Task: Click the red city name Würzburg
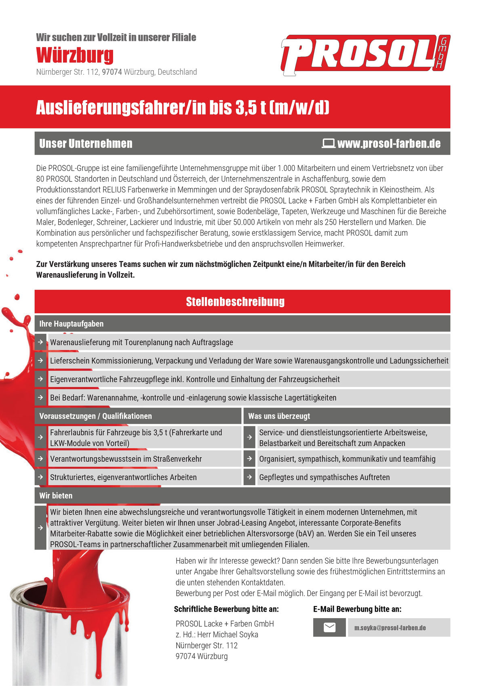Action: [x=75, y=55]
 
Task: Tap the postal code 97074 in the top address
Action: [x=112, y=72]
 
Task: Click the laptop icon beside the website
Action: [x=328, y=143]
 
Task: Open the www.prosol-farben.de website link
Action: [x=389, y=143]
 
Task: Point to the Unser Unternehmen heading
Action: [x=86, y=143]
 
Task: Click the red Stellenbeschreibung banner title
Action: [x=235, y=302]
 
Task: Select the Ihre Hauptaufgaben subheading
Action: [x=71, y=324]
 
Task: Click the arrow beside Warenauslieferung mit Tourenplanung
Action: [x=40, y=342]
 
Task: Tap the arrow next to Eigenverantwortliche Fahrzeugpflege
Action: [x=40, y=379]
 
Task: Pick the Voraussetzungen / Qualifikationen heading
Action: [x=95, y=416]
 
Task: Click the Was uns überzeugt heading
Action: [x=279, y=416]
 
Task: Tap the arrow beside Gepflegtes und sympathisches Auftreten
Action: [x=249, y=477]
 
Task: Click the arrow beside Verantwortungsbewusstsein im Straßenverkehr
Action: [x=40, y=459]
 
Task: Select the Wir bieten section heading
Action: [x=56, y=495]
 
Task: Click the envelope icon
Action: [x=329, y=627]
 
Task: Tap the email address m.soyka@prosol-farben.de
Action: [x=390, y=628]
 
